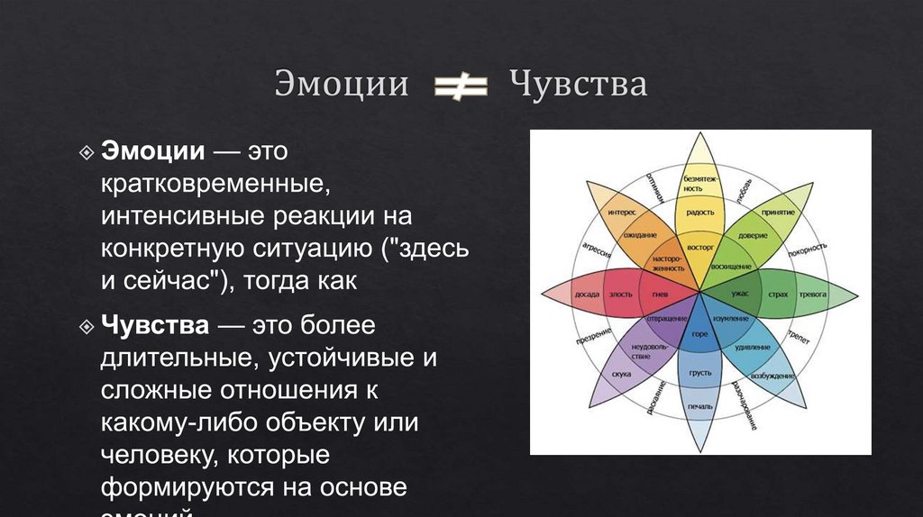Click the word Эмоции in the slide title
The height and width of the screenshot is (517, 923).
(x=342, y=85)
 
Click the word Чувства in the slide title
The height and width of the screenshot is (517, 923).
(x=578, y=85)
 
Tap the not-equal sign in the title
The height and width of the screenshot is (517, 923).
(x=461, y=86)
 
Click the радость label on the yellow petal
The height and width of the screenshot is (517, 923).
(x=699, y=213)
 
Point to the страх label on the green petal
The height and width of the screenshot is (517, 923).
(x=778, y=294)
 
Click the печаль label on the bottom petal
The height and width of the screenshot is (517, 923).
(x=699, y=407)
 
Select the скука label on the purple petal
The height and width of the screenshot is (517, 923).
(x=621, y=373)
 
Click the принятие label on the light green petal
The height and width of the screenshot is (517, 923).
(x=777, y=212)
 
